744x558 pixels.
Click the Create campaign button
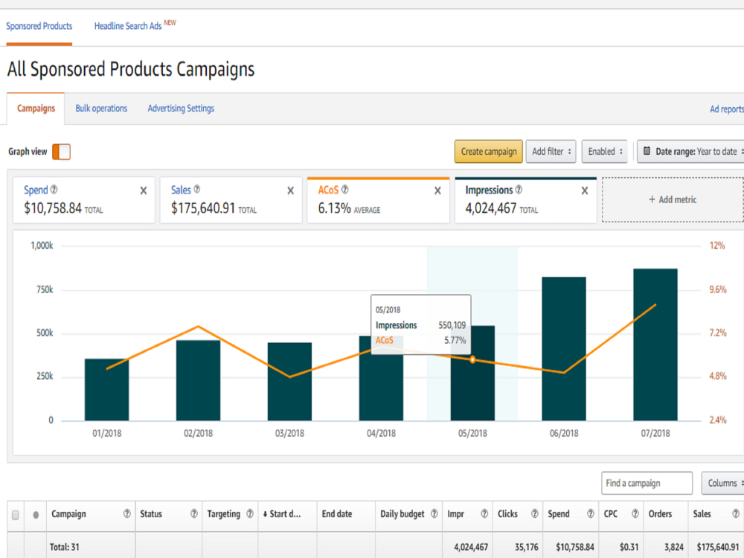point(488,151)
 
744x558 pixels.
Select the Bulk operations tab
point(101,108)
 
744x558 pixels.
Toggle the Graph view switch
point(61,152)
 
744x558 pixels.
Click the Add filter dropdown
point(551,151)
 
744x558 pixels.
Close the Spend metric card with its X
point(144,190)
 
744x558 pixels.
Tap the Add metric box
point(673,199)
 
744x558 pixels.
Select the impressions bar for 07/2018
point(655,344)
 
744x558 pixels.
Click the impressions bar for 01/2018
point(106,390)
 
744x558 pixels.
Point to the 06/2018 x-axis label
point(564,433)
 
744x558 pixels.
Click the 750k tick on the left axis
point(45,289)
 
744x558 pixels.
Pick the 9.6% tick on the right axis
point(717,289)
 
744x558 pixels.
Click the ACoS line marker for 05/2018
point(472,360)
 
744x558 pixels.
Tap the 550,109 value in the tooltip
point(452,325)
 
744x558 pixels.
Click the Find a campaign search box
point(647,483)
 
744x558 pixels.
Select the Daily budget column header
point(403,514)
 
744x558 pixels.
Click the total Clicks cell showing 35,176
point(526,547)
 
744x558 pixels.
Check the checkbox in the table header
point(15,515)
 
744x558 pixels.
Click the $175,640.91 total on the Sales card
point(203,208)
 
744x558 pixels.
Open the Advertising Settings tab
point(181,108)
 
